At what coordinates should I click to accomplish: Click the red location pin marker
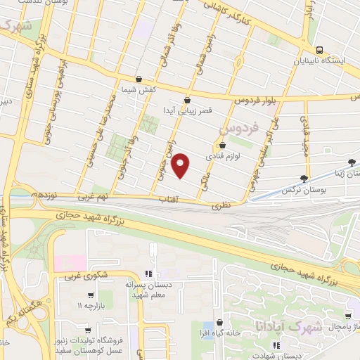[x=181, y=166]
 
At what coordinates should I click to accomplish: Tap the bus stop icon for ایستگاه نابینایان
[x=320, y=51]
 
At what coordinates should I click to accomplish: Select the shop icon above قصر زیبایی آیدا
[x=187, y=100]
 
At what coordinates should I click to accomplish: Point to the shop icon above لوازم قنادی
[x=223, y=146]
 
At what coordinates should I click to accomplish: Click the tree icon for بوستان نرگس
[x=304, y=179]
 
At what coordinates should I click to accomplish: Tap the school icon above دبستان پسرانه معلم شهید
[x=148, y=274]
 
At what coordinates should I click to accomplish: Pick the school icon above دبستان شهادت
[x=276, y=345]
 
